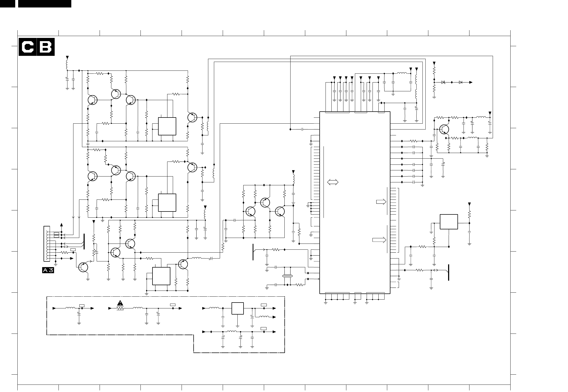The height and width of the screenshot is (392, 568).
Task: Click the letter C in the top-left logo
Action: [28, 47]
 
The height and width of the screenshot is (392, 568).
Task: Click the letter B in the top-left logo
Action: [45, 47]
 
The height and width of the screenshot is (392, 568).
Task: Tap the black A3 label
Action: [48, 271]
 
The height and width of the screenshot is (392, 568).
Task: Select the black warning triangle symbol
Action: [120, 303]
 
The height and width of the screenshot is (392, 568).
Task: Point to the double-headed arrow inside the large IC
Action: [332, 182]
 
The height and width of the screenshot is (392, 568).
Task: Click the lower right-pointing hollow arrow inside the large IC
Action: [379, 240]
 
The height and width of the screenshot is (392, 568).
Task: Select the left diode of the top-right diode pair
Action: [443, 82]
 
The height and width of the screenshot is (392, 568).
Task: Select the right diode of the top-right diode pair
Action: [460, 82]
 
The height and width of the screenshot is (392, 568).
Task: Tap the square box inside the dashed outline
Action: [238, 308]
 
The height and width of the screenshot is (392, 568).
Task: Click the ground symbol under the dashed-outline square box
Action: [238, 326]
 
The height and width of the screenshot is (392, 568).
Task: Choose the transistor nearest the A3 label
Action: [84, 267]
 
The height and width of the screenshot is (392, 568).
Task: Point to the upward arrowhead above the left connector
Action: [62, 224]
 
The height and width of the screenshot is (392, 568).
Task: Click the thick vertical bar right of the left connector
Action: [84, 241]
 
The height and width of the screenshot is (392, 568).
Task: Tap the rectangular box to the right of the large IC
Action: [449, 222]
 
